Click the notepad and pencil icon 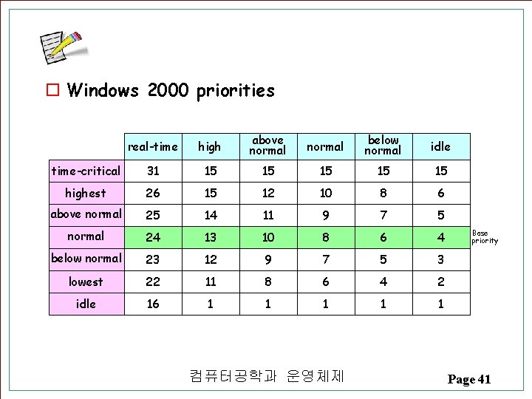[62, 49]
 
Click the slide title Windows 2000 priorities [170, 91]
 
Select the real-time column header [153, 146]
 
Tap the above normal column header [267, 145]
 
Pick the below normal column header [383, 145]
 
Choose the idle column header [440, 146]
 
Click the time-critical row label [86, 171]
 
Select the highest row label [86, 193]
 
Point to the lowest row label [86, 282]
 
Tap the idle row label [86, 304]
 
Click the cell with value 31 [153, 171]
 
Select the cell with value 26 [153, 193]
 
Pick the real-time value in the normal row [153, 237]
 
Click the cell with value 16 [153, 304]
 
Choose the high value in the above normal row [211, 215]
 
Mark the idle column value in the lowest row [440, 282]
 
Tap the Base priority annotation [485, 236]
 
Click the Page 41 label [468, 379]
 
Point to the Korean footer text [267, 377]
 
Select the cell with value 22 [153, 282]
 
